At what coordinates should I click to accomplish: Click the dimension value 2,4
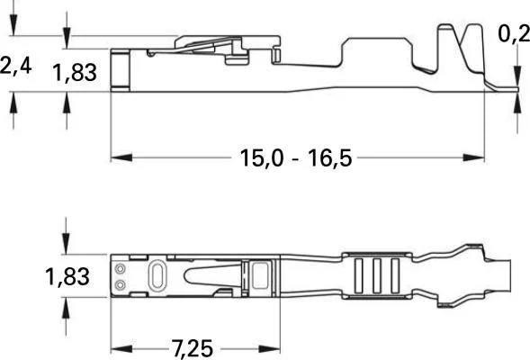coord(15,67)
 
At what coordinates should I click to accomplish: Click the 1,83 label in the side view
coord(74,73)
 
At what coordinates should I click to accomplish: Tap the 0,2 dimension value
coord(514,35)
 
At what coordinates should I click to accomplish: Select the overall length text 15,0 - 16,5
coord(295,158)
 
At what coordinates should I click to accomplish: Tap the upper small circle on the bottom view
coord(121,268)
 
